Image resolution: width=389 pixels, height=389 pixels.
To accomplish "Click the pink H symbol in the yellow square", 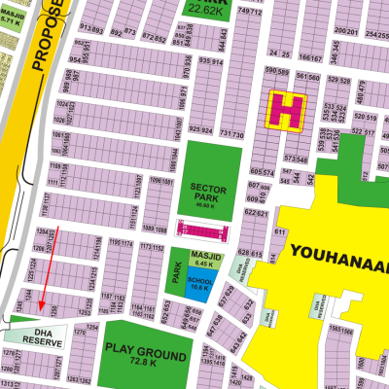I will pyautogui.click(x=287, y=109).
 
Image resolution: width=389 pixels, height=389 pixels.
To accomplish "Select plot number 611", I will pyautogui.click(x=279, y=233).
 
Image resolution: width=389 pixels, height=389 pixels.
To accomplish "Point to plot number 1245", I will pyautogui.click(x=20, y=307).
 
